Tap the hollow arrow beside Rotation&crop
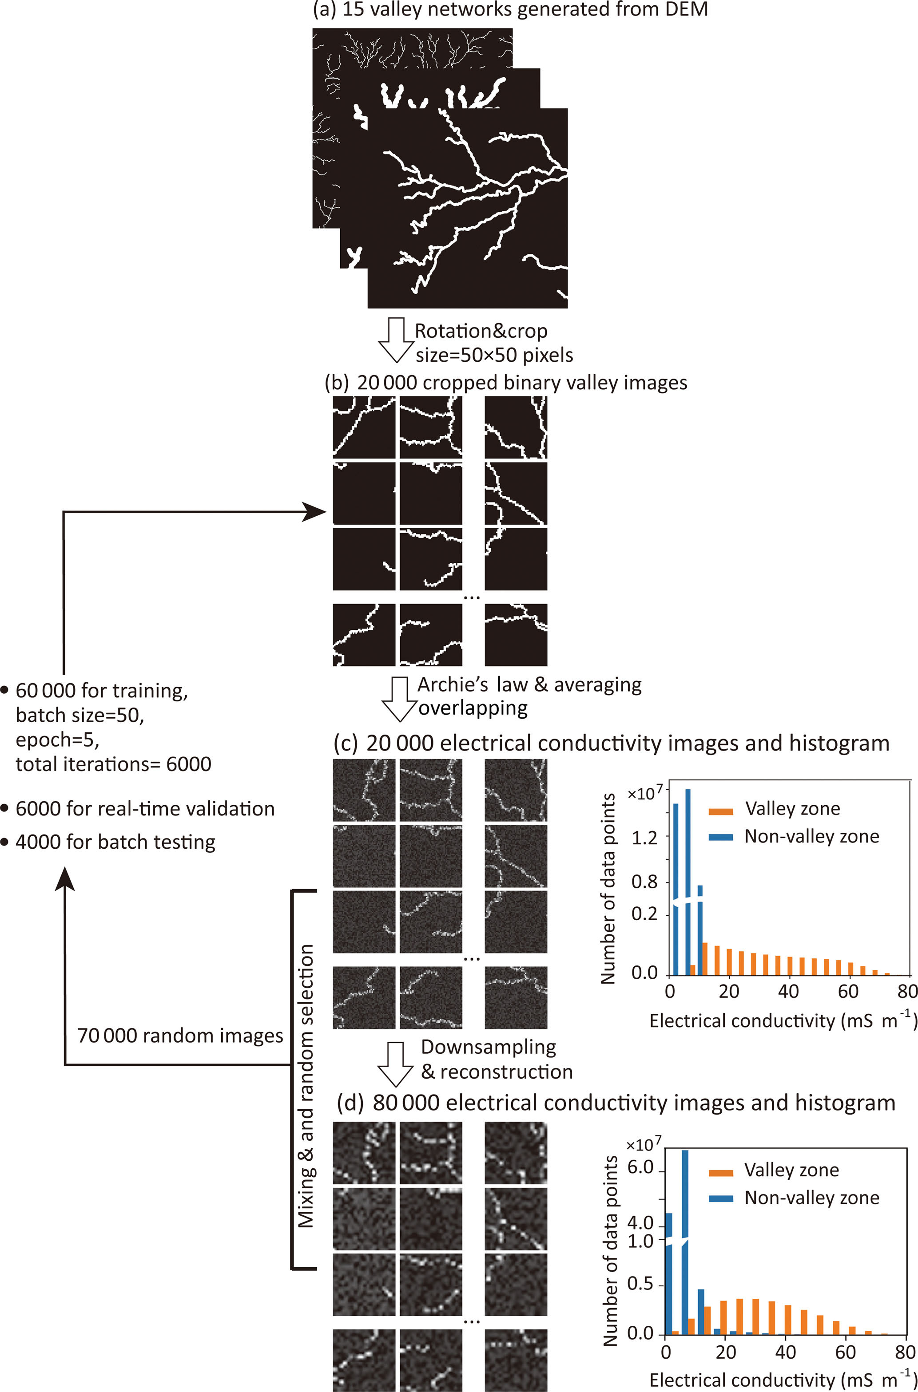click(x=396, y=340)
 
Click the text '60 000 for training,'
click(x=101, y=691)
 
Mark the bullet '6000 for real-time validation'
click(x=138, y=809)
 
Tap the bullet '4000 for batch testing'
click(x=108, y=842)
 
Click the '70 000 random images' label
click(x=180, y=1036)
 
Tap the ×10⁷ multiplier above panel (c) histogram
click(x=646, y=793)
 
